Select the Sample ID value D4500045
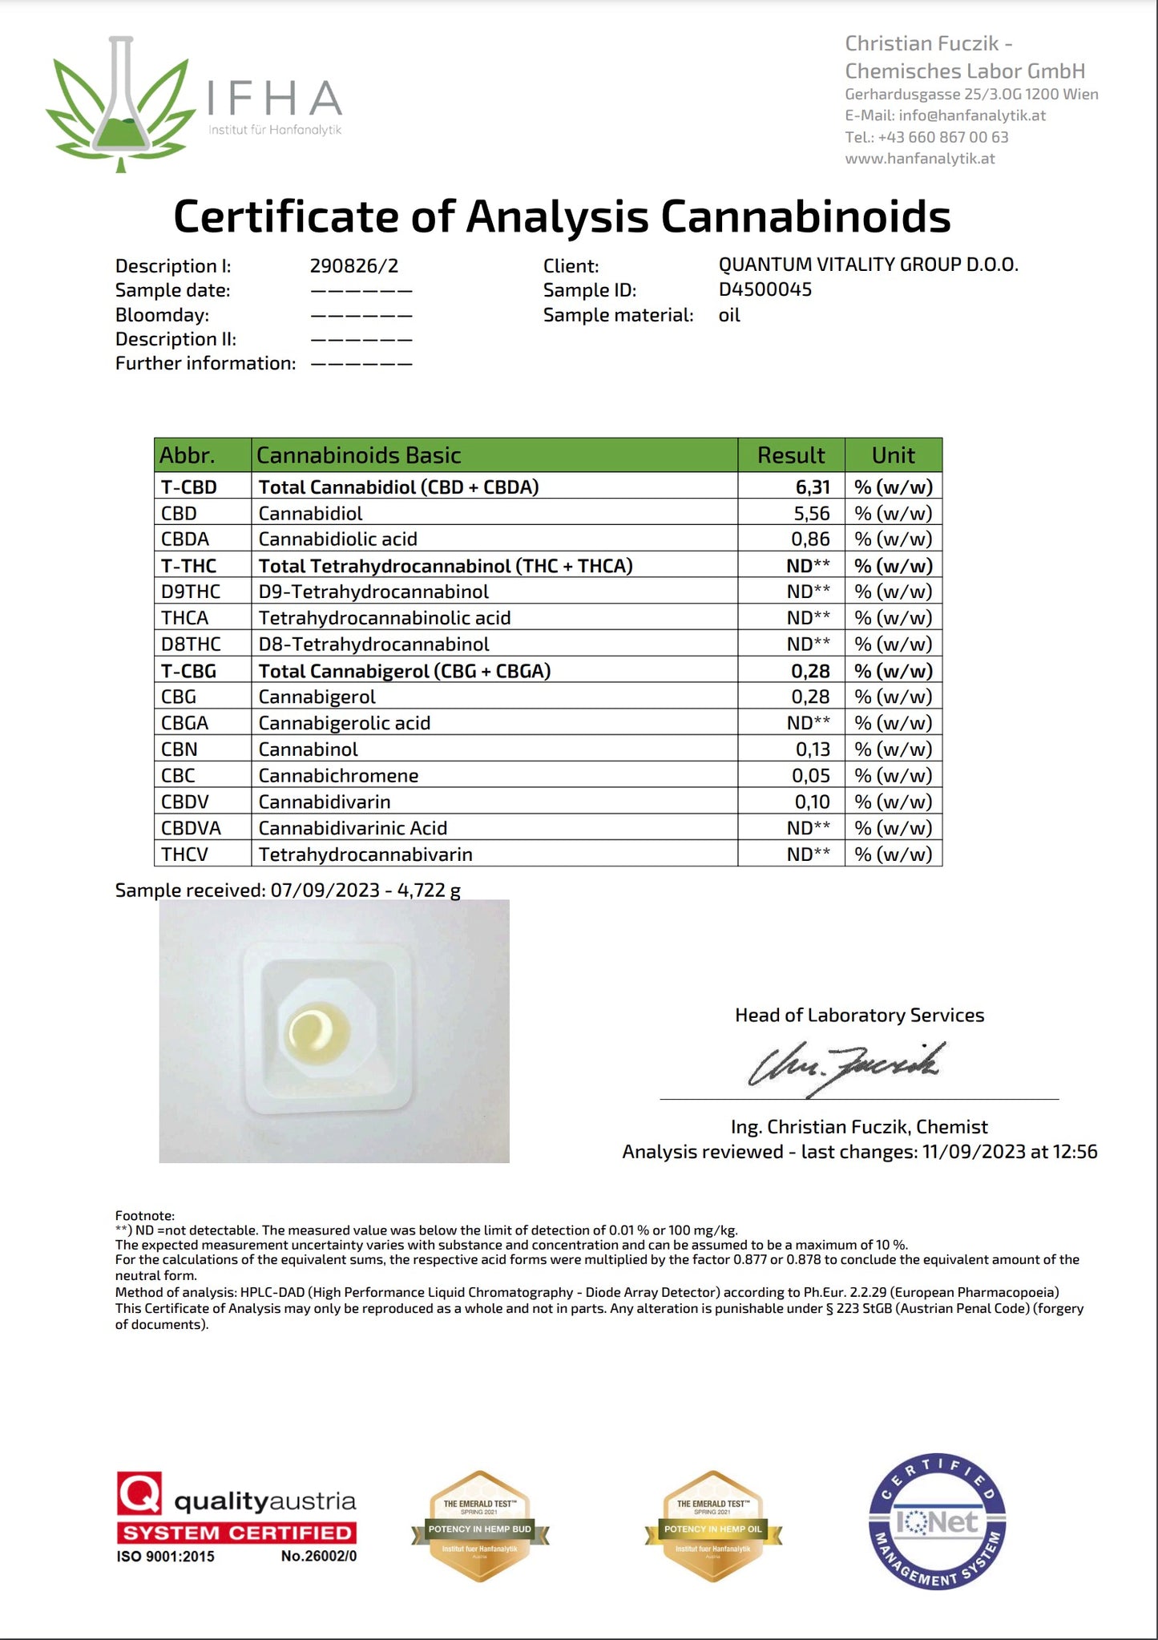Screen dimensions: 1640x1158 coord(765,289)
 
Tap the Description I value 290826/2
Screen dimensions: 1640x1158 coord(353,265)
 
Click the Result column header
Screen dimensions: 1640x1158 coord(790,455)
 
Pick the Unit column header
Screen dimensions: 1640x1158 coord(893,455)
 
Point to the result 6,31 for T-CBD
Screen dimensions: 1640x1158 coord(813,487)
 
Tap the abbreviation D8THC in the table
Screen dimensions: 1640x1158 coord(191,644)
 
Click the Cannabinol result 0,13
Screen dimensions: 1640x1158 coord(813,749)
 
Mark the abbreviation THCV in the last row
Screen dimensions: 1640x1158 coord(184,854)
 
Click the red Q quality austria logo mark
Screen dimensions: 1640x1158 coord(139,1493)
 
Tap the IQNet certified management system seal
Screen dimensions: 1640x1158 coord(937,1521)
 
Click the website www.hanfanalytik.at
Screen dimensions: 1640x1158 coord(919,158)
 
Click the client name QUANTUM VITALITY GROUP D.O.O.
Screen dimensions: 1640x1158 coord(868,265)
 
